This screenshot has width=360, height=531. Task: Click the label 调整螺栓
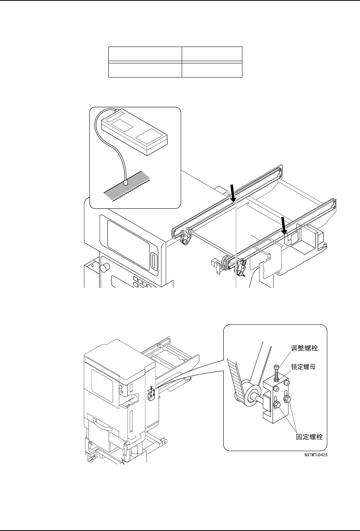coord(304,348)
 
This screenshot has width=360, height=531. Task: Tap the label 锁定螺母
coord(304,365)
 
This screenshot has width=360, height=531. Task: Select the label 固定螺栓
coord(309,437)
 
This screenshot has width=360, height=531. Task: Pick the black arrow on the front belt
coord(283,225)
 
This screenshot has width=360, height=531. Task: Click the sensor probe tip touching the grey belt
coord(125,183)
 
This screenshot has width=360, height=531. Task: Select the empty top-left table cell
coord(145,54)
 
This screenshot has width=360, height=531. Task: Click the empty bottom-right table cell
coord(212,70)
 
